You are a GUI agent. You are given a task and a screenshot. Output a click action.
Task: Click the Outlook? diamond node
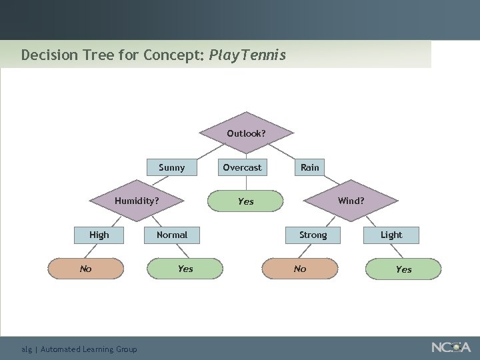click(246, 133)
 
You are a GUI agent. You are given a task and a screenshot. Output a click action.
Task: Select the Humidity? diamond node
click(137, 200)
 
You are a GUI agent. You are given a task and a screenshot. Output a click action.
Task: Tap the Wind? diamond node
click(351, 200)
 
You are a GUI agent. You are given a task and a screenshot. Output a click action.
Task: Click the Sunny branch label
click(172, 167)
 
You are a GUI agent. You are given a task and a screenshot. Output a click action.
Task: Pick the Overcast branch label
click(242, 167)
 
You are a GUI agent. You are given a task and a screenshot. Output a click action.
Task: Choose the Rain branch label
click(309, 167)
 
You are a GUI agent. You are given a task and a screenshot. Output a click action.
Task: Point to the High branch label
click(99, 235)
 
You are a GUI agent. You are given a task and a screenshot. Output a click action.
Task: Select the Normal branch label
click(172, 235)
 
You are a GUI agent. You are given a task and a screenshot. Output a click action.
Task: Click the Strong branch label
click(313, 235)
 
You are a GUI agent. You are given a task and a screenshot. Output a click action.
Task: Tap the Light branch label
click(391, 235)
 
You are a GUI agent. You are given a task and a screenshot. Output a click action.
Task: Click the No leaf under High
click(86, 269)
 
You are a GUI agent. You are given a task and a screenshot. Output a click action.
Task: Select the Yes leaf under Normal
click(185, 269)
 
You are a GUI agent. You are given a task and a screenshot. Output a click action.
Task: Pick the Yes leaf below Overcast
click(245, 201)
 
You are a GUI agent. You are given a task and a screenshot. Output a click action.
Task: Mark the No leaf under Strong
click(300, 269)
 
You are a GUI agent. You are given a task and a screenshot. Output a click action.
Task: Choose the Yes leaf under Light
click(403, 269)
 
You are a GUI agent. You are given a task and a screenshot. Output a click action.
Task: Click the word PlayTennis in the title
click(247, 55)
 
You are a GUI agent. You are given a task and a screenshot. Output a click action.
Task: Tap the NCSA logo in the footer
click(451, 347)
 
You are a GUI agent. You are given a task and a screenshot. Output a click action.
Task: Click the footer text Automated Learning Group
click(89, 349)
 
